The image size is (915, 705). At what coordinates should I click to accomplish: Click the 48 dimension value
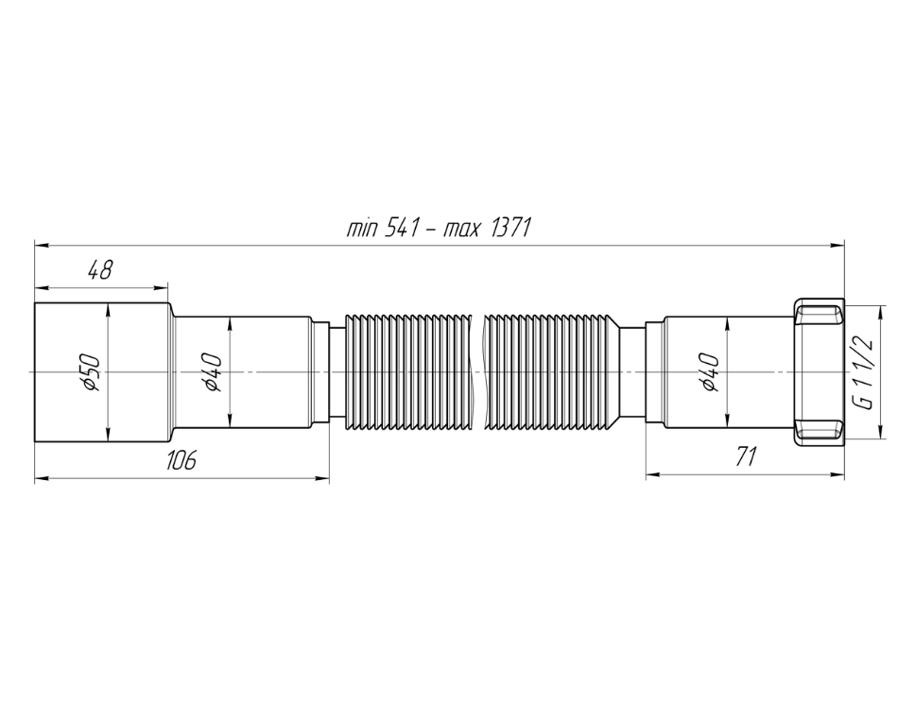point(99,269)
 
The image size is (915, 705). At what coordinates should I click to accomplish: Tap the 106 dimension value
point(181,460)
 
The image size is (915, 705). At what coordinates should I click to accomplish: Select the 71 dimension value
point(746,456)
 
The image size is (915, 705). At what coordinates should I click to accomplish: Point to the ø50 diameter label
point(93,371)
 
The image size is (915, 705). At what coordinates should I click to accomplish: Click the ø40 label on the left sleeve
point(213,371)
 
